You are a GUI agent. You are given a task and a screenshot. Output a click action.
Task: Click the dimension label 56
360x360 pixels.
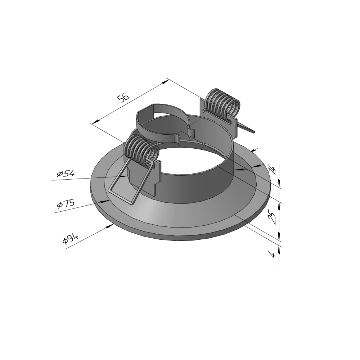[x=123, y=98]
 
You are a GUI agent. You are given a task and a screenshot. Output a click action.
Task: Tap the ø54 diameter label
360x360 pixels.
[x=66, y=174]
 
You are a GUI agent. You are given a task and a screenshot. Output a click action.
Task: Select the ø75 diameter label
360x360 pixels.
[x=66, y=204]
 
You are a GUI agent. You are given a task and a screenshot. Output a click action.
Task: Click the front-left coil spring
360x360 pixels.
[x=141, y=150]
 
